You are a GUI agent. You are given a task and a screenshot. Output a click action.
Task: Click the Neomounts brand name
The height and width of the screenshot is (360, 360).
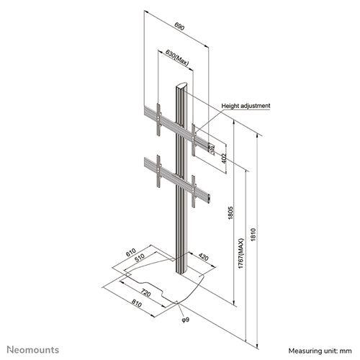(34, 348)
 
